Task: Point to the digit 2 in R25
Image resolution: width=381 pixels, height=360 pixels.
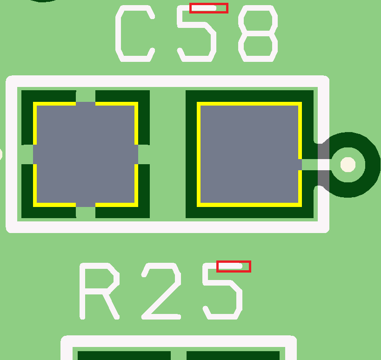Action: click(160, 291)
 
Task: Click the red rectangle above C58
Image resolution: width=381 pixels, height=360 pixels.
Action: click(208, 8)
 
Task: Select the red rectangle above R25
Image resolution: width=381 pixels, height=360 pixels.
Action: click(234, 267)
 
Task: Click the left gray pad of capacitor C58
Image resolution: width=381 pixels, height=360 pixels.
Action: click(86, 154)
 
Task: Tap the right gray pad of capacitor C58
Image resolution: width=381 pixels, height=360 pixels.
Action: click(249, 154)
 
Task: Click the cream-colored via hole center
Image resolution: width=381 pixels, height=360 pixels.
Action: click(348, 164)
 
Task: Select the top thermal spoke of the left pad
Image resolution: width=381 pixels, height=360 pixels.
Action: click(86, 96)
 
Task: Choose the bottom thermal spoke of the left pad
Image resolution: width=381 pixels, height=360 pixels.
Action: click(86, 212)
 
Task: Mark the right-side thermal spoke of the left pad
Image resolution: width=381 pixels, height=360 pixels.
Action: click(143, 154)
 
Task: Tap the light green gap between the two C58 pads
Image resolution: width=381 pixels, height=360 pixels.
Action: click(167, 154)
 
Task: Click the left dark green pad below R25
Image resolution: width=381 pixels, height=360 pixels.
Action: click(124, 355)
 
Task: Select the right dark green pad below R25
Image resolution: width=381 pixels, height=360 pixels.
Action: click(233, 355)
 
